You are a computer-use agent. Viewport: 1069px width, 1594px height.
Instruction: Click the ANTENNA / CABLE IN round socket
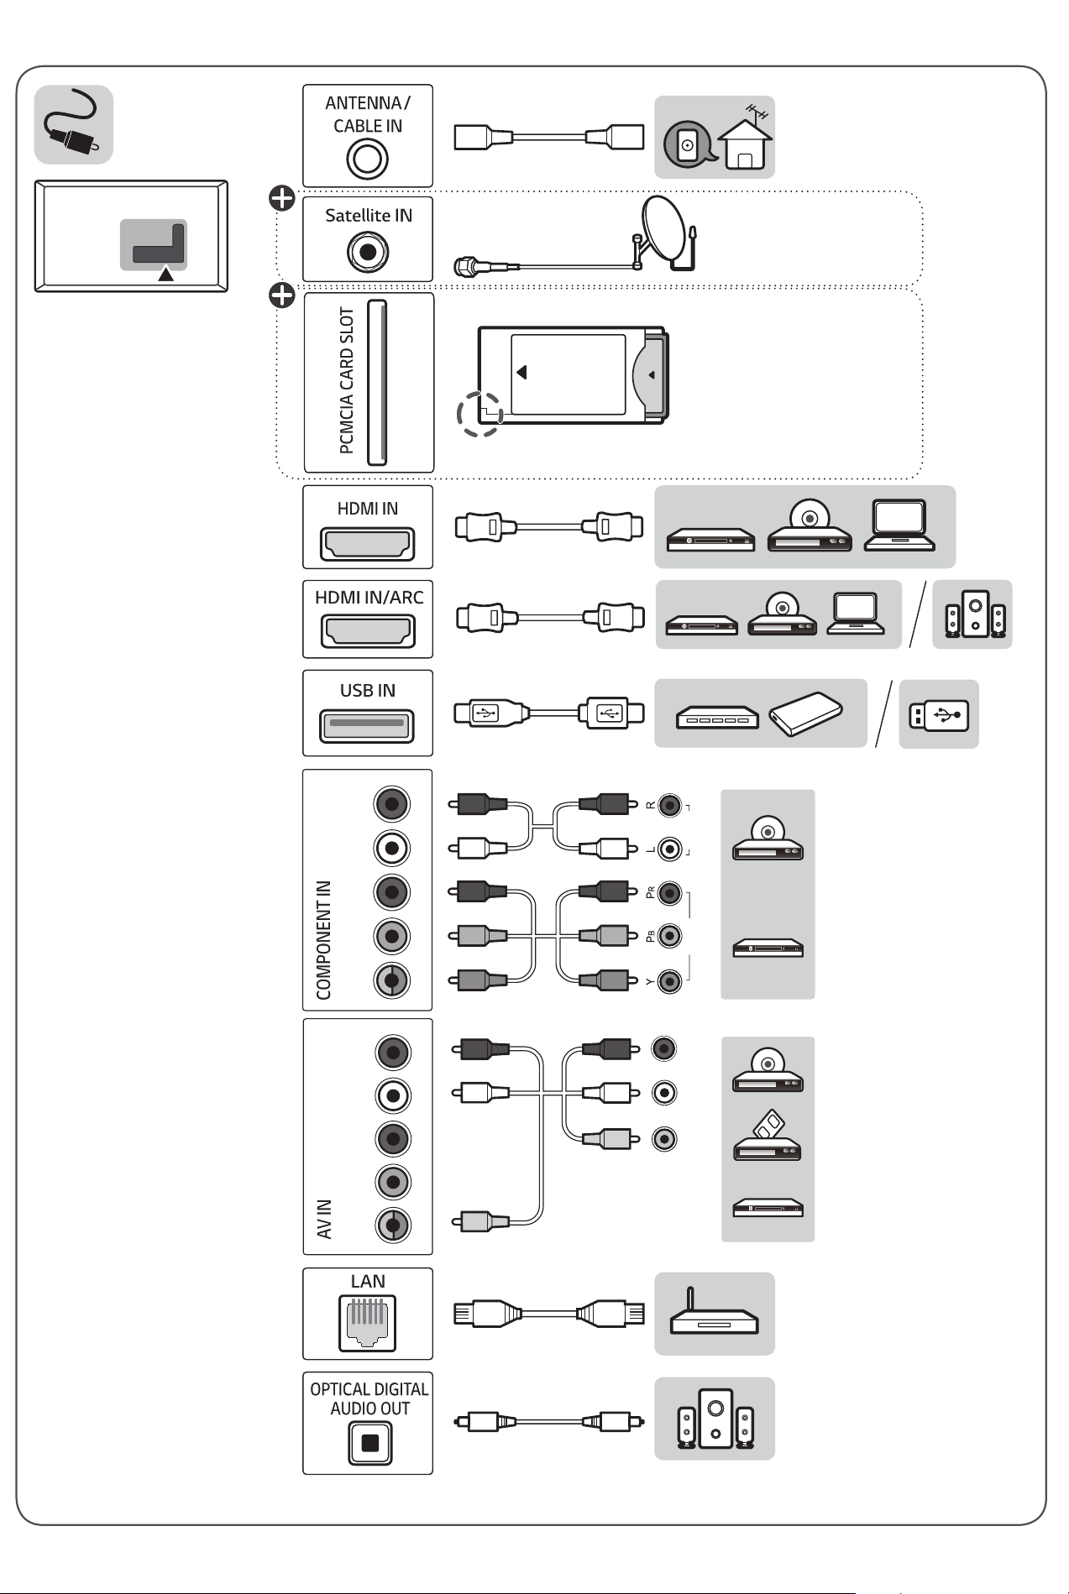[x=367, y=159]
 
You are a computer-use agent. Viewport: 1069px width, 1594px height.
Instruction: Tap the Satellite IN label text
[x=369, y=216]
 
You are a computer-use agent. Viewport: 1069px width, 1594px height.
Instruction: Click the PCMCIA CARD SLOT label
[x=347, y=380]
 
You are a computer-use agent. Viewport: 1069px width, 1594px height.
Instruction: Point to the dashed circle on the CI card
[x=479, y=413]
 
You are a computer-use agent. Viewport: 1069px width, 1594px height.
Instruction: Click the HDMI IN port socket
[x=367, y=544]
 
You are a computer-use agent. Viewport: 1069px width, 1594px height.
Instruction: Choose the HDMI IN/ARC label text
[x=369, y=598]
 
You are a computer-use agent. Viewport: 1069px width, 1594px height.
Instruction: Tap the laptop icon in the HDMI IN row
[x=900, y=525]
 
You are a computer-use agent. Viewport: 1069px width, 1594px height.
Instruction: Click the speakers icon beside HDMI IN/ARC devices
[x=973, y=614]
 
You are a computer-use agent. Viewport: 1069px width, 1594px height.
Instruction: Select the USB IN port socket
[x=367, y=725]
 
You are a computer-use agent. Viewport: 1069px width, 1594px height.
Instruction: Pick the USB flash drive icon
[x=939, y=715]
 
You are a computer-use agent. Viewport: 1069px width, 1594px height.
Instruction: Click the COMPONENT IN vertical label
[x=324, y=940]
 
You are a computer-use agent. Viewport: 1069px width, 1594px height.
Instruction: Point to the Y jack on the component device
[x=669, y=981]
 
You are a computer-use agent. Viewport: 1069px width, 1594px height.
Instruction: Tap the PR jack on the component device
[x=669, y=892]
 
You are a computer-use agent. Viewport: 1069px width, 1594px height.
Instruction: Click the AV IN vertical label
[x=324, y=1219]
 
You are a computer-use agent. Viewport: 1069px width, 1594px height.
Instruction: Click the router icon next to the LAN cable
[x=715, y=1311]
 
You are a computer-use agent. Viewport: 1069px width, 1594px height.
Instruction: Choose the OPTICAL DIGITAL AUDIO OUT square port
[x=369, y=1444]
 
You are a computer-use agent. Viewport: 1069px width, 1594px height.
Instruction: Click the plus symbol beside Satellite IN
[x=282, y=199]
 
